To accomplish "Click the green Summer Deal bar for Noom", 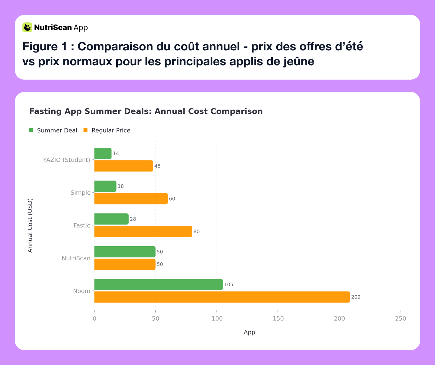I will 158,284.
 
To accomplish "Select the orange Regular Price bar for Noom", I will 222,297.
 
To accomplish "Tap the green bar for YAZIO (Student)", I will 103,153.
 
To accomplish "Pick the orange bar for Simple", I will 131,199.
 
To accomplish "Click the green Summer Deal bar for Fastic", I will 111,219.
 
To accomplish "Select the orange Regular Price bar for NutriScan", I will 125,264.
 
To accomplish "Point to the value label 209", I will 356,297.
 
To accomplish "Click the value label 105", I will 229,285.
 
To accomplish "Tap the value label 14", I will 116,154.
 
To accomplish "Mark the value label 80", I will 197,232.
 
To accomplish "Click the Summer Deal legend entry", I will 53,131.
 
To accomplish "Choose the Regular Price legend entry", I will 107,131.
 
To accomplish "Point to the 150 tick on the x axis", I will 278,319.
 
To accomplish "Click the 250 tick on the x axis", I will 400,319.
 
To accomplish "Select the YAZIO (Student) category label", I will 66,160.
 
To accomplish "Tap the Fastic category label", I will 82,225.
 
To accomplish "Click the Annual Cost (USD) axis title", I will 30,225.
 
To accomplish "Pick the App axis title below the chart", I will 249,332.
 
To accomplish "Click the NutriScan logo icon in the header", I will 27,27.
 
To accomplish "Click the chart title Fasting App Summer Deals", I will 146,111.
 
